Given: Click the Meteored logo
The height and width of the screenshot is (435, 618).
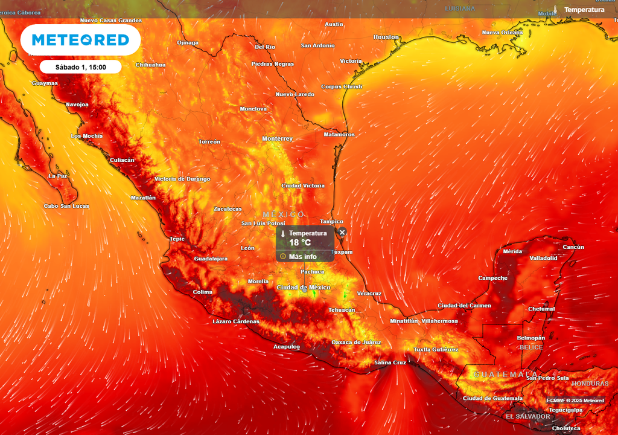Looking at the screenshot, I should [x=80, y=40].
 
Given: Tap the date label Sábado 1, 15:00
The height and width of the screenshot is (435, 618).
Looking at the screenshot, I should [x=81, y=67].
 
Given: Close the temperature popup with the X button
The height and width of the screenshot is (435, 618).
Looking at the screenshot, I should [x=342, y=232].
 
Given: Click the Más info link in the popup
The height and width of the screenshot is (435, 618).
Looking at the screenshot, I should [x=302, y=256].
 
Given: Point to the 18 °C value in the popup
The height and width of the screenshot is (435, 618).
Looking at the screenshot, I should [x=300, y=243].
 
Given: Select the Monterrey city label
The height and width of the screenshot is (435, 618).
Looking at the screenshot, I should [x=277, y=139].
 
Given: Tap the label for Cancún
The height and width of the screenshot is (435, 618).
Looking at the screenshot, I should [x=573, y=247].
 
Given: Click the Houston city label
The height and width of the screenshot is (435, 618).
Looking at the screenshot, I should [x=386, y=37].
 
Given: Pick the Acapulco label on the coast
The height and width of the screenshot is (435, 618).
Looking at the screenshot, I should [x=287, y=347].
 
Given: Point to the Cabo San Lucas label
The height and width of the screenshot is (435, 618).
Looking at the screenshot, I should [x=66, y=206].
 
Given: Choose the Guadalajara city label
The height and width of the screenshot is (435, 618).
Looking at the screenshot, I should [x=211, y=259].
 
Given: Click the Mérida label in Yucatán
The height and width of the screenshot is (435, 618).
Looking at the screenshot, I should [x=512, y=251].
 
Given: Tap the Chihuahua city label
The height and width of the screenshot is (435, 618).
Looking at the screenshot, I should [x=150, y=65].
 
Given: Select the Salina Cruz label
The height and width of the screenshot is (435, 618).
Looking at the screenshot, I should [x=390, y=362].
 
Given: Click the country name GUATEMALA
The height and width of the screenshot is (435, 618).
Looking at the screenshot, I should [x=505, y=375].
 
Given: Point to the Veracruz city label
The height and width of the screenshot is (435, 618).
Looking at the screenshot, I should [x=369, y=294].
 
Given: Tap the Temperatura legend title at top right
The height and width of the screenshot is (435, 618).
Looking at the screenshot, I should [x=584, y=10].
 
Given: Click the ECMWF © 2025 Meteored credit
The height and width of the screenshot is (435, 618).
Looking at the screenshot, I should [x=575, y=401].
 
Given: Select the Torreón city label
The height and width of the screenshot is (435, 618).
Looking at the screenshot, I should [x=209, y=142].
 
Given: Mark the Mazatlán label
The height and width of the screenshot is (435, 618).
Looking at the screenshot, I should [x=143, y=198].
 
